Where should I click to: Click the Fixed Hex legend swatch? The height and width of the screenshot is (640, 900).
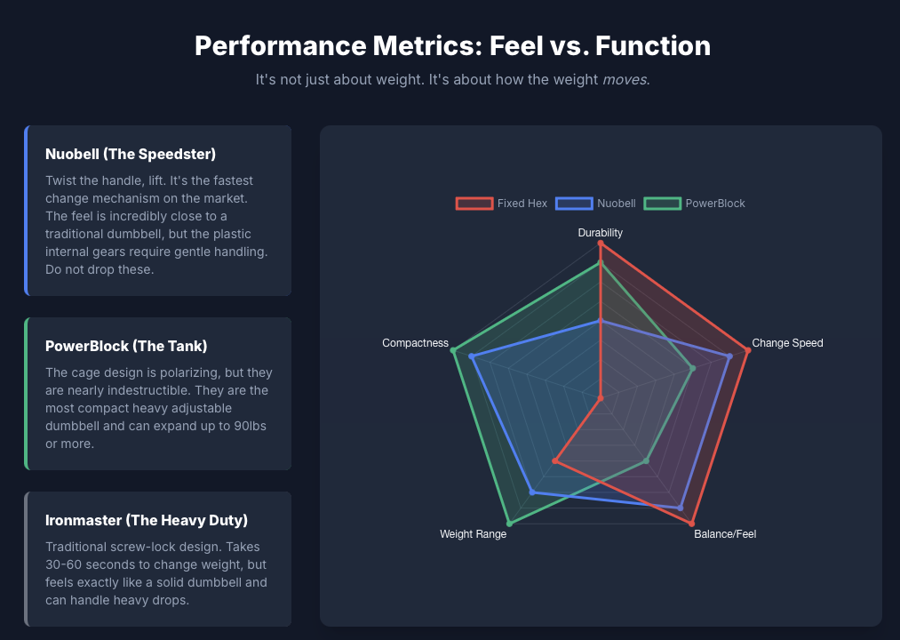[474, 204]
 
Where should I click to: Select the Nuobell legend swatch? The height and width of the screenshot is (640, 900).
[574, 204]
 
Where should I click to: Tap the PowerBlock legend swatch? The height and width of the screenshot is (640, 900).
[662, 204]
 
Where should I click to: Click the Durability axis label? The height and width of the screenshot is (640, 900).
[601, 233]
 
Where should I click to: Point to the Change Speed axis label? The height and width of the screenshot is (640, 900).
[787, 343]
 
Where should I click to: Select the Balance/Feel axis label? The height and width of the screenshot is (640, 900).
[725, 534]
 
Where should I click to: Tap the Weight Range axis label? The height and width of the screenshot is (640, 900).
[473, 534]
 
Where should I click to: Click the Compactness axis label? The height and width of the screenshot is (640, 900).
[415, 343]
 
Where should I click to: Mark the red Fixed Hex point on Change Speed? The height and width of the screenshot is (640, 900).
[748, 350]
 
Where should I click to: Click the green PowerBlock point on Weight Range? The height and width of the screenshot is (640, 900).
[509, 523]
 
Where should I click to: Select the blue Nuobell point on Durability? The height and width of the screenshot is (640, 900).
[601, 322]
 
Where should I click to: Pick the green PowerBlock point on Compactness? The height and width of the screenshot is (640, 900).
[454, 350]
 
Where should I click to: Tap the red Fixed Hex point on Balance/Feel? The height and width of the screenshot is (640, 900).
[691, 523]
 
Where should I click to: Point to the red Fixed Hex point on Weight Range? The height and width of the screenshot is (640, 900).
[555, 460]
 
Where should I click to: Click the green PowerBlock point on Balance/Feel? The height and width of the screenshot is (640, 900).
[646, 460]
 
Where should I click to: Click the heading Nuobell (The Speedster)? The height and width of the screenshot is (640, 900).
[131, 154]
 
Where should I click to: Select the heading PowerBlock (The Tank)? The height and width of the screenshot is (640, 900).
[126, 346]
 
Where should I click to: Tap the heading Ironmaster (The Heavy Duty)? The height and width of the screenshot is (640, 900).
[147, 520]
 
